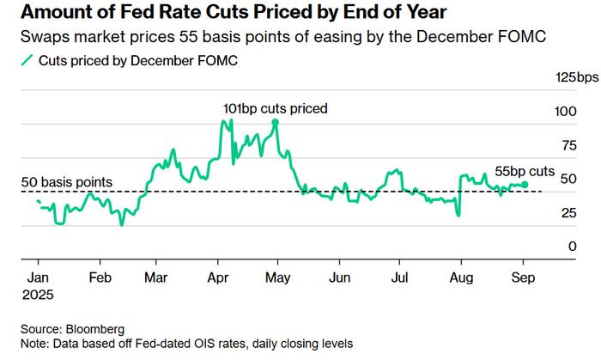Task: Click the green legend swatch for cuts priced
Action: click(27, 61)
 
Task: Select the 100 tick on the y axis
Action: click(562, 112)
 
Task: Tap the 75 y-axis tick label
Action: click(564, 145)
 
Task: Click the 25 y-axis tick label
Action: click(564, 213)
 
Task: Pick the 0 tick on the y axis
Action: click(568, 247)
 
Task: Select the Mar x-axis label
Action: click(155, 278)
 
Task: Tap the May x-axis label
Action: click(277, 278)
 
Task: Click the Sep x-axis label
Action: click(522, 278)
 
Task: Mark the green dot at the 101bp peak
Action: click(275, 123)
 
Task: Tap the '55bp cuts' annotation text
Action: click(524, 171)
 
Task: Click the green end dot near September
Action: click(525, 184)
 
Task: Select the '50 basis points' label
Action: click(67, 182)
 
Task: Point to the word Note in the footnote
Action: click(36, 343)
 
